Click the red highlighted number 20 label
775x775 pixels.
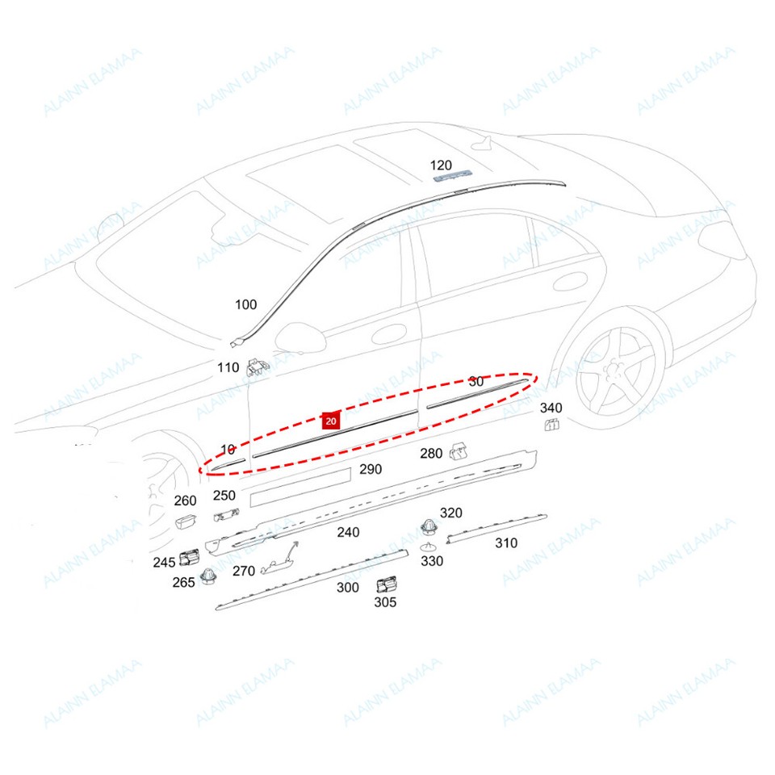pyautogui.click(x=331, y=420)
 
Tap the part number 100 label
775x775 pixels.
pyautogui.click(x=245, y=304)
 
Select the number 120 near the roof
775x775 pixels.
pyautogui.click(x=441, y=165)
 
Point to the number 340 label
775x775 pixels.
pyautogui.click(x=551, y=408)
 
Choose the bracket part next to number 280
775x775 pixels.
pyautogui.click(x=459, y=450)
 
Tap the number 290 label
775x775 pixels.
pyautogui.click(x=371, y=469)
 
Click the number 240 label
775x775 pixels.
pyautogui.click(x=348, y=532)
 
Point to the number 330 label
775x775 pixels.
pyautogui.click(x=432, y=560)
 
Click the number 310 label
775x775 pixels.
pyautogui.click(x=506, y=542)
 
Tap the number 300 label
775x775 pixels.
pyautogui.click(x=347, y=587)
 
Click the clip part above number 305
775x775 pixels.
pyautogui.click(x=386, y=584)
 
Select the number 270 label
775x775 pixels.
pyautogui.click(x=244, y=571)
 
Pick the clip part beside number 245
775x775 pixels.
pyautogui.click(x=191, y=556)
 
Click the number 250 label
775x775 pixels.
pyautogui.click(x=224, y=496)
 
